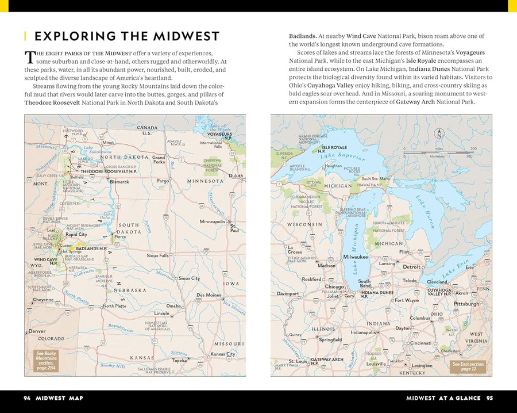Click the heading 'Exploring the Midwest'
point(127,36)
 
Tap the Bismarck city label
point(119,182)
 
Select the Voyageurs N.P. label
point(219,136)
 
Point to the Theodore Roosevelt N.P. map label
point(108,171)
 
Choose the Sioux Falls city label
point(158,255)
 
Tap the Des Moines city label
point(209,295)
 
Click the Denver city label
point(37,331)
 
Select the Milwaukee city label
point(355,257)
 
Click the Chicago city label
point(334,286)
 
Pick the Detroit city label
point(411,267)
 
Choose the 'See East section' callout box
point(468,366)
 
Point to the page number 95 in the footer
point(489,397)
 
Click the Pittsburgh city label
point(466,303)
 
